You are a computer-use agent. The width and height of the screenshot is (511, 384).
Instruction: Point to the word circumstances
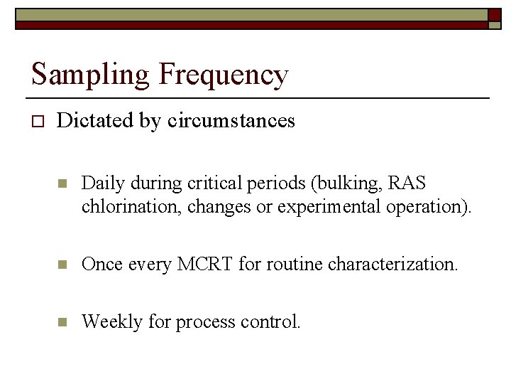click(231, 121)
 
